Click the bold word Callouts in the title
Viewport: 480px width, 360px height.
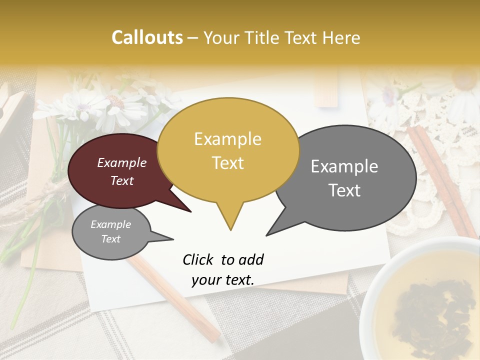(147, 37)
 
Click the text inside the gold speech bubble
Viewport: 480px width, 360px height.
(228, 150)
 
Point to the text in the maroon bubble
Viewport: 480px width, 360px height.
(122, 171)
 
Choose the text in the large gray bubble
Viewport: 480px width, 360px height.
(344, 178)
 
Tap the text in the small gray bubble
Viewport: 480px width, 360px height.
(110, 231)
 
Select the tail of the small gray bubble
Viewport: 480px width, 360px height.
(167, 238)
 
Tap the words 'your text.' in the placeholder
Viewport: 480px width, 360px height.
(223, 280)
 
